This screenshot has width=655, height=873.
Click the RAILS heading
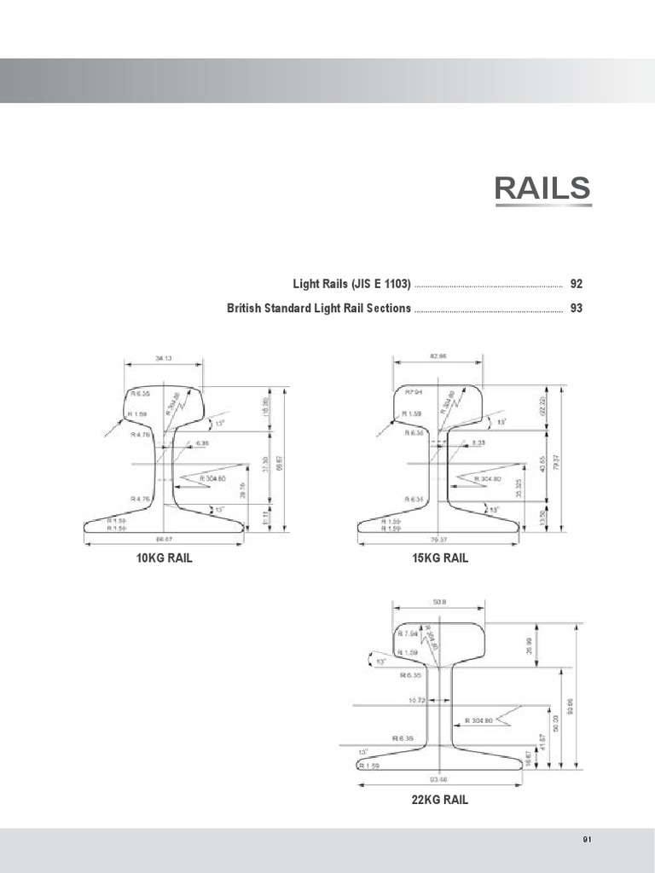pos(542,189)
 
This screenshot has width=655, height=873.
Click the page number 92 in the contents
pos(577,283)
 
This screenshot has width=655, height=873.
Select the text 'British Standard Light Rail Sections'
pos(319,308)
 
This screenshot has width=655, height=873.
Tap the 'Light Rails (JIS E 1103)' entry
pos(350,283)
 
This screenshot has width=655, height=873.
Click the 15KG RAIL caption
pos(439,558)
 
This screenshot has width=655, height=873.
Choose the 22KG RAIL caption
pos(439,800)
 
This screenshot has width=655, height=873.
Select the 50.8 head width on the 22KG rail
pos(440,602)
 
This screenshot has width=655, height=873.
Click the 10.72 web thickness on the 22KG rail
pos(415,699)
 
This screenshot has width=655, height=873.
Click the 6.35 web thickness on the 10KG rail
pos(202,444)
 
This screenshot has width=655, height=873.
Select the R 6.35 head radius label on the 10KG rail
pos(140,394)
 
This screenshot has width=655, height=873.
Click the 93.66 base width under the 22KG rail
pos(440,778)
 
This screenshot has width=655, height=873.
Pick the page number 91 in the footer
pos(587,840)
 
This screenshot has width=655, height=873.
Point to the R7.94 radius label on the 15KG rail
pos(416,393)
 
